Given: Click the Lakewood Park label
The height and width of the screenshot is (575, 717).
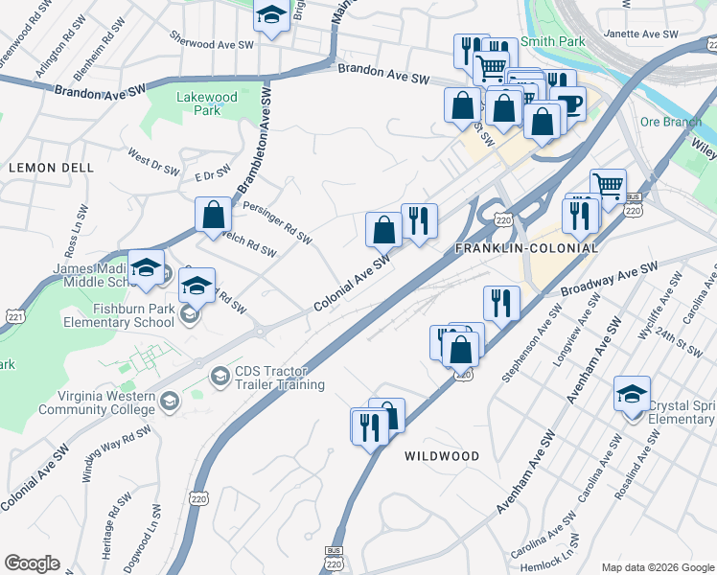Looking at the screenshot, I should tap(199, 103).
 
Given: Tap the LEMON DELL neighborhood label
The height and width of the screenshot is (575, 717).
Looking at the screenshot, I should tap(51, 167).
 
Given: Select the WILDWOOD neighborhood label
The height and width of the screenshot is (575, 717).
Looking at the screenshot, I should tap(442, 456).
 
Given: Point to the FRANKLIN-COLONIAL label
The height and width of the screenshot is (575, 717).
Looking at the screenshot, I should tap(526, 248).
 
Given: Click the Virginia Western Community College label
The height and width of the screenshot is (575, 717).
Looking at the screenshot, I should tap(96, 402).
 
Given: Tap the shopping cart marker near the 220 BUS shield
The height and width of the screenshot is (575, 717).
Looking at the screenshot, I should tap(608, 186).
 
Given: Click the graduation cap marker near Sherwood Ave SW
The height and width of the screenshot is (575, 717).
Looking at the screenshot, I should tap(271, 15).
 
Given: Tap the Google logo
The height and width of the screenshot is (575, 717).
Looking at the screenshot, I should tap(32, 563).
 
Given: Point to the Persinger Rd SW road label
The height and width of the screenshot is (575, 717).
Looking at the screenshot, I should tap(277, 222).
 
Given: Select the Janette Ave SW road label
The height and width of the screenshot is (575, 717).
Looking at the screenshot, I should tap(641, 34).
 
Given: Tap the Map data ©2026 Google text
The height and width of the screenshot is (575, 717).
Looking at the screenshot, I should tap(658, 567).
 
